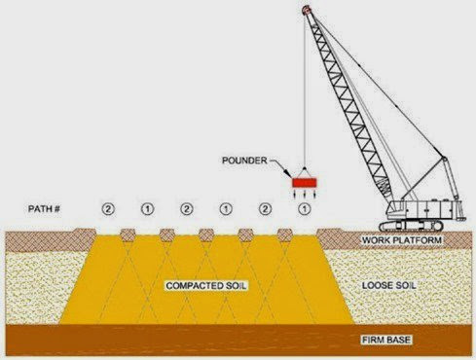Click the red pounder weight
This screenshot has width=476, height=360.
tap(306, 182)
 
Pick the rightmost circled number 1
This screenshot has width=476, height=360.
tap(305, 209)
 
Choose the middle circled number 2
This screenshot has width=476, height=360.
tap(186, 209)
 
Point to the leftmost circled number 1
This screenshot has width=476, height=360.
tap(147, 209)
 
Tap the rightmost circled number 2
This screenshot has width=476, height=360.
tap(265, 209)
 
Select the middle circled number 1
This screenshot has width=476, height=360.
tap(226, 209)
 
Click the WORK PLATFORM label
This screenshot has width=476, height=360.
tap(401, 239)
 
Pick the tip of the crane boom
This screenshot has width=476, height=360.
tap(306, 9)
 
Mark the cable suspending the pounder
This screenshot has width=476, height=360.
tap(305, 97)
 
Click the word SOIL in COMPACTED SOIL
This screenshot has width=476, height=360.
tap(231, 287)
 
